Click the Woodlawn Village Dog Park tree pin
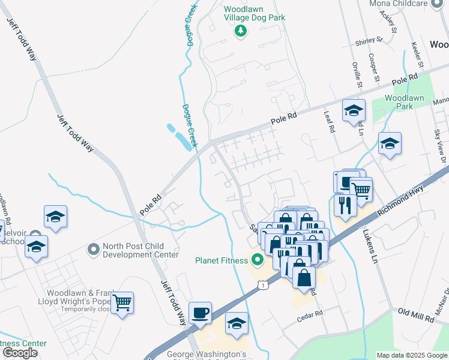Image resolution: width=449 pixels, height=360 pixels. pos(241,31)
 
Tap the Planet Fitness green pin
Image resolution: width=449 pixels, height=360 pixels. pos(258,260)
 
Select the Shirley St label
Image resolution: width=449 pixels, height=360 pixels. pos(369,41)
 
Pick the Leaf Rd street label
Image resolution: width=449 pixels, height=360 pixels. pos(329,124)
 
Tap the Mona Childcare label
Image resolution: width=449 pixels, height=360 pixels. pos(406,4)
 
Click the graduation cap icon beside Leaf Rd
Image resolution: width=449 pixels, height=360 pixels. pos(354,110)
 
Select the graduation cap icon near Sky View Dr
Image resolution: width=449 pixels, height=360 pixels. pos(390,143)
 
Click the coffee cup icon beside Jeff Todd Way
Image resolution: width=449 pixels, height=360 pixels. pos(200,313)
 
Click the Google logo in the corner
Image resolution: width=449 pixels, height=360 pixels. pos(20,353)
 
